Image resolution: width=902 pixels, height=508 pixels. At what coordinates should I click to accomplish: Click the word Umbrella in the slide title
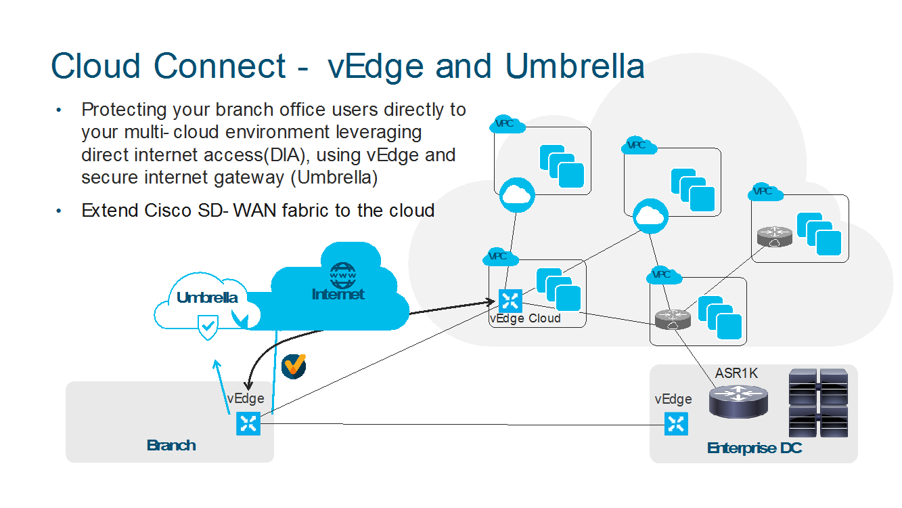(574, 66)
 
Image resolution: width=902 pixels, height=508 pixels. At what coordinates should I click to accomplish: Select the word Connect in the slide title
(220, 66)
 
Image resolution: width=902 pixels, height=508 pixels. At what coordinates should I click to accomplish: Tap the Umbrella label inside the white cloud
(206, 298)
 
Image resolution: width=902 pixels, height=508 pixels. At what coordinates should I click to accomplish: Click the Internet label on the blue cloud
(338, 294)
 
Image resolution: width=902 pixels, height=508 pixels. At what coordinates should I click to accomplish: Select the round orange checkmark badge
(294, 366)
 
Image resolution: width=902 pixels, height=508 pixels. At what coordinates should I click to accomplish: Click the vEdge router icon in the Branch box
(248, 425)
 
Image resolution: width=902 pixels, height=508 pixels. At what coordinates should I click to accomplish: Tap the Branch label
(171, 445)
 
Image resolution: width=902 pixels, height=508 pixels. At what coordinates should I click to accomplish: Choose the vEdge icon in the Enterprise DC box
(675, 424)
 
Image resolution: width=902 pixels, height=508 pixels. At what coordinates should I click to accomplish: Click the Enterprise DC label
(754, 448)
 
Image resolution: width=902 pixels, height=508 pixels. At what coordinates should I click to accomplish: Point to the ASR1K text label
(736, 373)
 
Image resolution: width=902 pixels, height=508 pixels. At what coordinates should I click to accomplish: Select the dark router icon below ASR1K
(738, 402)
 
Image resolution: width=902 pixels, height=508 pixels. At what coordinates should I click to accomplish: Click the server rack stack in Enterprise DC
(818, 403)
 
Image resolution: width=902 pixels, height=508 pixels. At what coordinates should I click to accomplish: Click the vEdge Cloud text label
(525, 318)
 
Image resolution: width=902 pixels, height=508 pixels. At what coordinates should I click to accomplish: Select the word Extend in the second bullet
(110, 210)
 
